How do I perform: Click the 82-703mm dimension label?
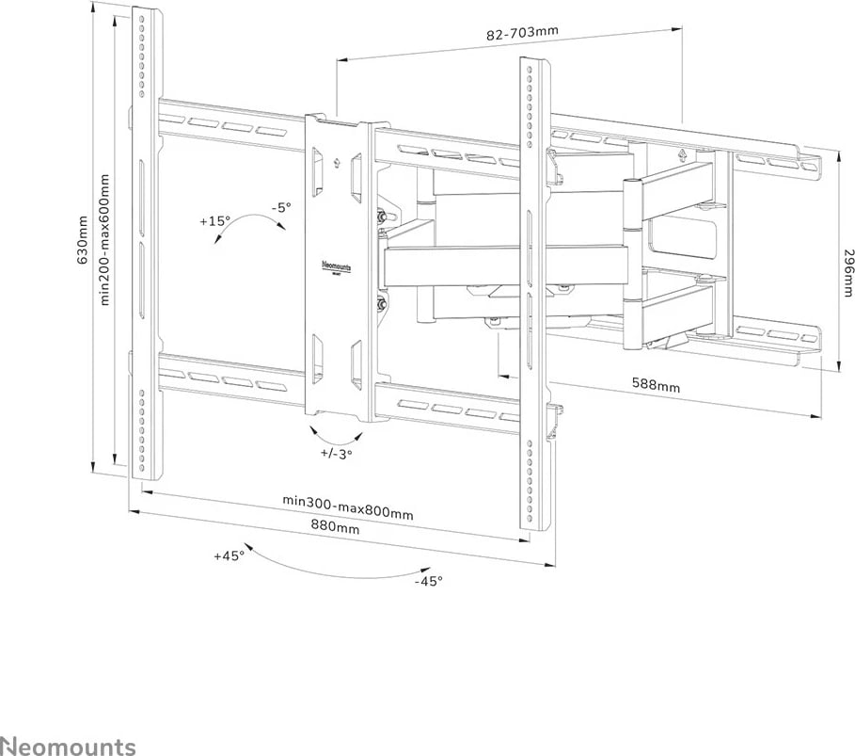(522, 32)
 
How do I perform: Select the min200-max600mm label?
(104, 240)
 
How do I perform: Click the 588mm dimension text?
(656, 386)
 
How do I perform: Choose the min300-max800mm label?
(348, 507)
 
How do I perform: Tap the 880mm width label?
(335, 529)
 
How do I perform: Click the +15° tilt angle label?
(214, 221)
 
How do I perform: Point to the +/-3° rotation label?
(336, 454)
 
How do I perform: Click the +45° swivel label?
(229, 555)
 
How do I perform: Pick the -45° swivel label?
(428, 580)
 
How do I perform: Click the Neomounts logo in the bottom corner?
(68, 747)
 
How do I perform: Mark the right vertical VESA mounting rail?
(532, 292)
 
